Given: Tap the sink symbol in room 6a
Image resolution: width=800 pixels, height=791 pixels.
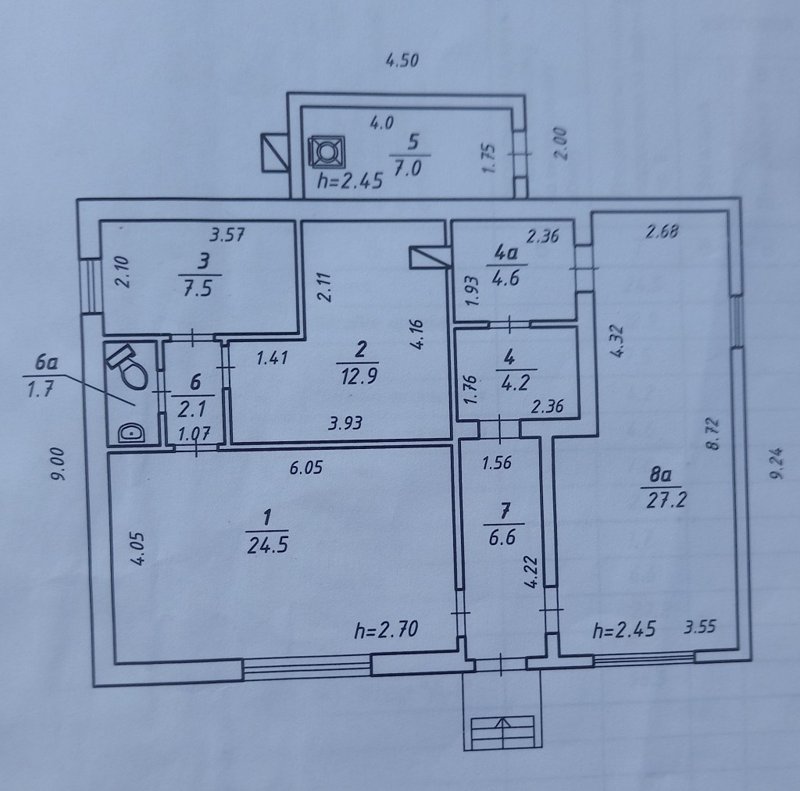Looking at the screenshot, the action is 131,433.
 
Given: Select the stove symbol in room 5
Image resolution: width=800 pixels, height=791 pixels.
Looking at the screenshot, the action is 326,152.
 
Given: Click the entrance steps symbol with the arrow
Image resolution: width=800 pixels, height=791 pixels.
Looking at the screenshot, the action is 502,732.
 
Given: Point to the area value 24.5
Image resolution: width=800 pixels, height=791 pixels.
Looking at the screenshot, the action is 267,546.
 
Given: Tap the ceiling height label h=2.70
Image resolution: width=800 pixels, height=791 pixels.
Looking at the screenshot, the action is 386,630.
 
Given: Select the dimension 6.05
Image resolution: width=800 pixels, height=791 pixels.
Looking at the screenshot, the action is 306,467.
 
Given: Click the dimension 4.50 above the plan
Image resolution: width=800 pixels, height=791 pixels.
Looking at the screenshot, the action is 402,61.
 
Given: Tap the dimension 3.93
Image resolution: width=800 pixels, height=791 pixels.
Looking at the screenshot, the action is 345,422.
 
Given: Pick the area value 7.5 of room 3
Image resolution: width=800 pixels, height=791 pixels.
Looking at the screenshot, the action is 198,289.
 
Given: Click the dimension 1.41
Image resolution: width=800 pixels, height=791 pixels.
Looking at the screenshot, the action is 272,358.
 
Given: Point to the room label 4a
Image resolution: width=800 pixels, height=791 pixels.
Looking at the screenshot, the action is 506,252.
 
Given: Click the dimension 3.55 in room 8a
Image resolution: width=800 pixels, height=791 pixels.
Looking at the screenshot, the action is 700,626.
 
